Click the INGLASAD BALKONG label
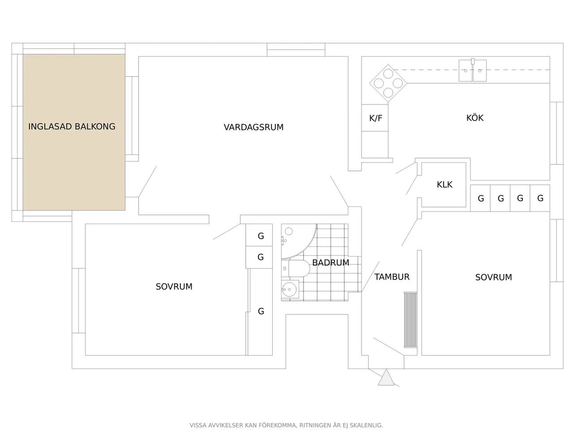[x=72, y=126]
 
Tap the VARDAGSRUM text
[x=253, y=127]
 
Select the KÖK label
[x=475, y=118]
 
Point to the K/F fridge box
[x=375, y=118]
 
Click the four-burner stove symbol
[x=388, y=83]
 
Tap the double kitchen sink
[x=473, y=70]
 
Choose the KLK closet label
[x=445, y=185]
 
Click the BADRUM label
[x=330, y=262]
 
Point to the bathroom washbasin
[x=290, y=289]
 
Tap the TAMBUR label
[x=392, y=277]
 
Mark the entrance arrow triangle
[x=386, y=378]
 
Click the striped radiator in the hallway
[x=411, y=320]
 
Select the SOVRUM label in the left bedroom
[x=174, y=287]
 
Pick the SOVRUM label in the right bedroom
[x=493, y=277]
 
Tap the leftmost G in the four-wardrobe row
[x=481, y=198]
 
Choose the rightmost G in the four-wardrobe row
[x=540, y=198]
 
